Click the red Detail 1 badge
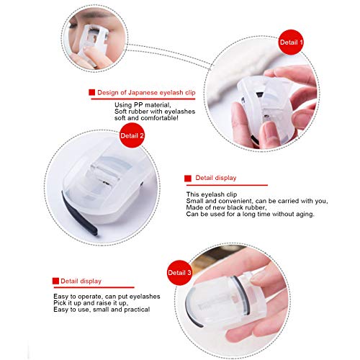click(291, 42)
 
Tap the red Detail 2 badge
click(132, 135)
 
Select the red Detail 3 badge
click(179, 273)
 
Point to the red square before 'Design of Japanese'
click(91, 93)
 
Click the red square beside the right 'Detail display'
click(188, 177)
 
